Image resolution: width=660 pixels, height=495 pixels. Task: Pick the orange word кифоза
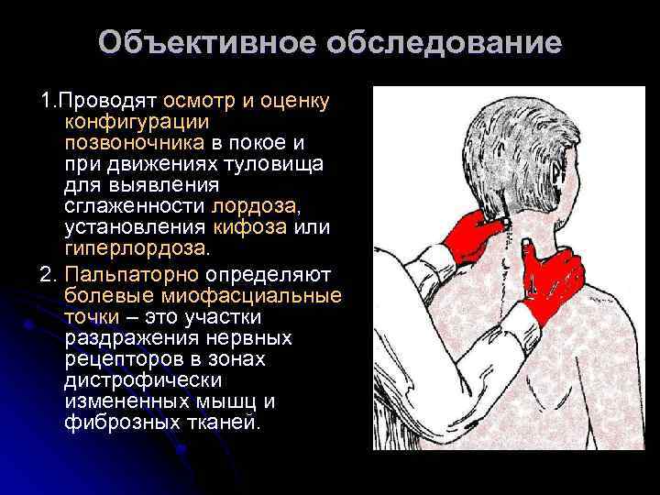(248, 227)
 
